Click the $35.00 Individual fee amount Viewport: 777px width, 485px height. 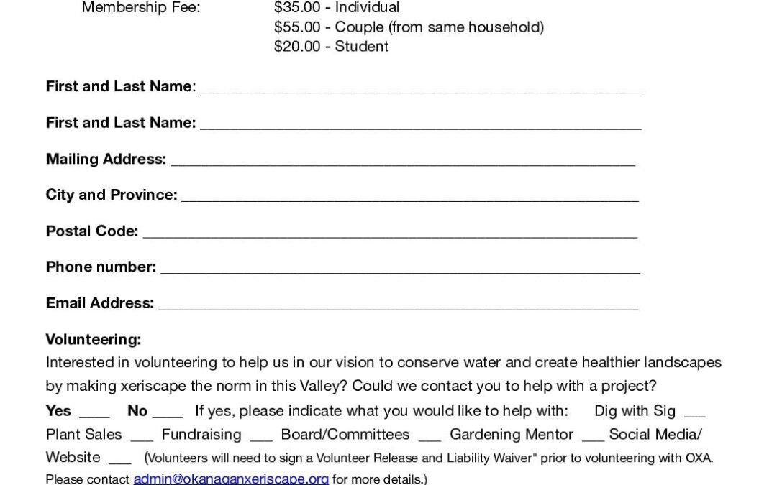[298, 8]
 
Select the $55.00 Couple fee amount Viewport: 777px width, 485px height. [298, 27]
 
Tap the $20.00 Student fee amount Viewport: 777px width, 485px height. [298, 47]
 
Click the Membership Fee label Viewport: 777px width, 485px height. [141, 8]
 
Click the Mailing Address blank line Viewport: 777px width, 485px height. [402, 162]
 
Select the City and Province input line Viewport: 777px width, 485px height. [409, 198]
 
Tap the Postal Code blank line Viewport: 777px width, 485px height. [390, 234]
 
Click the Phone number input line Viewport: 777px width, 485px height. [400, 270]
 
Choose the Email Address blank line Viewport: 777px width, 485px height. [398, 306]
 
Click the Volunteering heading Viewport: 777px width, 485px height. [94, 339]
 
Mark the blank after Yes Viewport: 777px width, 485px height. [94, 415]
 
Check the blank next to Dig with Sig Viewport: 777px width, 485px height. [694, 415]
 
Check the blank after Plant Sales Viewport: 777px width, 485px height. [142, 438]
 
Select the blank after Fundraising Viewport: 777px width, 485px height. [261, 438]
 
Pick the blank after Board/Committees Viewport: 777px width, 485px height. [430, 438]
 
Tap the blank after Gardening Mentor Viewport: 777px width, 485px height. [593, 438]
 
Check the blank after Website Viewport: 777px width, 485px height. [119, 461]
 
